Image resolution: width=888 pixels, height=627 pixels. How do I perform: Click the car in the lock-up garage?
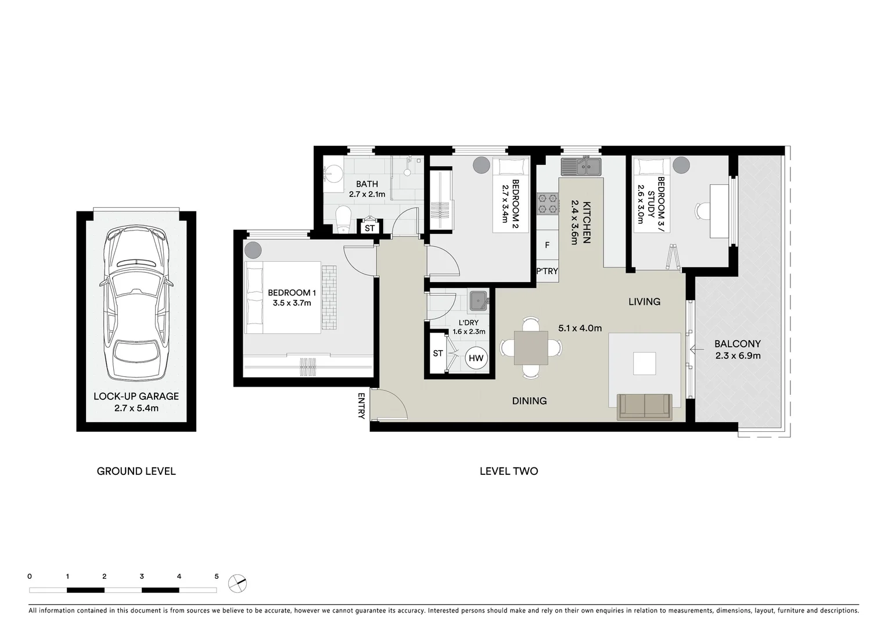pyautogui.click(x=136, y=304)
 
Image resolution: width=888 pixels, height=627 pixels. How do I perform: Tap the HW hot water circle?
pyautogui.click(x=476, y=358)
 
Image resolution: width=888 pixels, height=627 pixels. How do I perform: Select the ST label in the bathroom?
pyautogui.click(x=369, y=228)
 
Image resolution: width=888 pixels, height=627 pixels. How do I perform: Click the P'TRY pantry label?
pyautogui.click(x=547, y=271)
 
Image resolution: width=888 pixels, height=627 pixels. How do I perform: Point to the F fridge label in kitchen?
pyautogui.click(x=547, y=246)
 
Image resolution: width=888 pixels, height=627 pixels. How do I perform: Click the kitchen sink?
pyautogui.click(x=581, y=167)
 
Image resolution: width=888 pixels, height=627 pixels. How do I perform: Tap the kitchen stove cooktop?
pyautogui.click(x=547, y=204)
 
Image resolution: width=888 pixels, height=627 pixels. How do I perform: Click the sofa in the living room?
pyautogui.click(x=644, y=406)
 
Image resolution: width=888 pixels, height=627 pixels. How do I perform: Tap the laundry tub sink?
pyautogui.click(x=478, y=301)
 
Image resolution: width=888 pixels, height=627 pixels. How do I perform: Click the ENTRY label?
pyautogui.click(x=361, y=406)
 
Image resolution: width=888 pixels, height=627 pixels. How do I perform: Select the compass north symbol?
pyautogui.click(x=237, y=583)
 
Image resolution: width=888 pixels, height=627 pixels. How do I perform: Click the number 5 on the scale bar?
pyautogui.click(x=217, y=576)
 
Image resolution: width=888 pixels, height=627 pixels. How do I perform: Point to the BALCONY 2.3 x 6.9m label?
pyautogui.click(x=737, y=349)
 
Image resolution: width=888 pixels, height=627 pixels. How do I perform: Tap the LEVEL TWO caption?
pyautogui.click(x=508, y=471)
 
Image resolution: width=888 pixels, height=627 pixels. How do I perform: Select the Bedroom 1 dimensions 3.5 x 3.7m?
pyautogui.click(x=292, y=303)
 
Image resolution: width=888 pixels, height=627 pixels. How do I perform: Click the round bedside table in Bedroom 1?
pyautogui.click(x=253, y=250)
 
